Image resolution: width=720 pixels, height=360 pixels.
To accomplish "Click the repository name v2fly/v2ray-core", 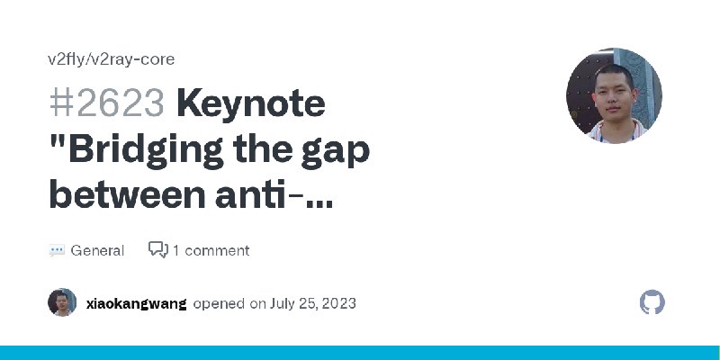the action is [111, 59].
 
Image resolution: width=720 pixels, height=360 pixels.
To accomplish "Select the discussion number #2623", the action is [106, 103].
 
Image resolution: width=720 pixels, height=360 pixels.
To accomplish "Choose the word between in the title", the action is [127, 194].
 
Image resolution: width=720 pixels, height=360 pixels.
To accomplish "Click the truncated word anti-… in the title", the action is [274, 195].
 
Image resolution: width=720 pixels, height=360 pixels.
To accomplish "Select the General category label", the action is [97, 251].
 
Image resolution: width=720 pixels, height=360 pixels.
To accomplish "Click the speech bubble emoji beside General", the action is [57, 251].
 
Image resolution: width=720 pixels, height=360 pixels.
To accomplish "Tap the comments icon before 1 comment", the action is [158, 250].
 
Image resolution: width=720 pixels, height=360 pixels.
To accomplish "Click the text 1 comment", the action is [211, 251].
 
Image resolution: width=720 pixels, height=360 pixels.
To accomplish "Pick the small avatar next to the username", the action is [62, 302].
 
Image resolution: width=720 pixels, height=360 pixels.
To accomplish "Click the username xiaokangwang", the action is [137, 304].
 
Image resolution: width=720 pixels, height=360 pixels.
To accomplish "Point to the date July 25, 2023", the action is [312, 303].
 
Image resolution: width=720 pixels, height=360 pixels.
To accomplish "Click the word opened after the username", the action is [219, 304].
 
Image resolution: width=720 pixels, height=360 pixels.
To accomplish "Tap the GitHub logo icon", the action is [652, 302].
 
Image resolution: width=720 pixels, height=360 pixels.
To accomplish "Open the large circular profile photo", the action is [614, 96].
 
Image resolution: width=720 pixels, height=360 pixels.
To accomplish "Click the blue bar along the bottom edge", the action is [360, 353].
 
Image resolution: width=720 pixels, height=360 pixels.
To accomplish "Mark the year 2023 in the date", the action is [339, 303].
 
